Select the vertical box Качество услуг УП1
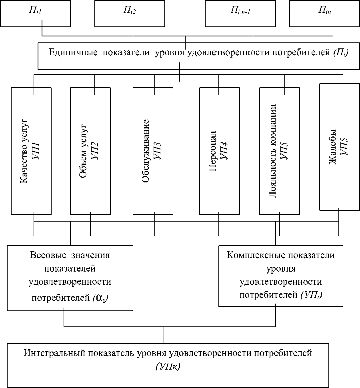coord(31,150)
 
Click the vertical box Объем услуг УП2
coord(90,150)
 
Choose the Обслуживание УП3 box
coord(153,150)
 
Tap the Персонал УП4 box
coord(219,150)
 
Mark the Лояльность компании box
coord(279,150)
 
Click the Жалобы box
coord(339,146)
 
